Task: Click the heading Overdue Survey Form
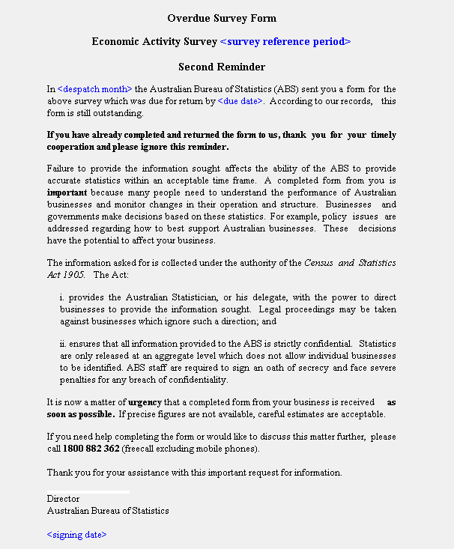tap(221, 18)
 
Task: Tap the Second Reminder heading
tap(221, 67)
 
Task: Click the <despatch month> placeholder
tap(94, 89)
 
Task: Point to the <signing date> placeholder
tap(76, 535)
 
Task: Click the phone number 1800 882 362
tap(91, 449)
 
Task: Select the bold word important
tap(67, 193)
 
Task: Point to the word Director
tap(63, 499)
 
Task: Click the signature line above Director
tap(88, 492)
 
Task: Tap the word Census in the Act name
tap(318, 263)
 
